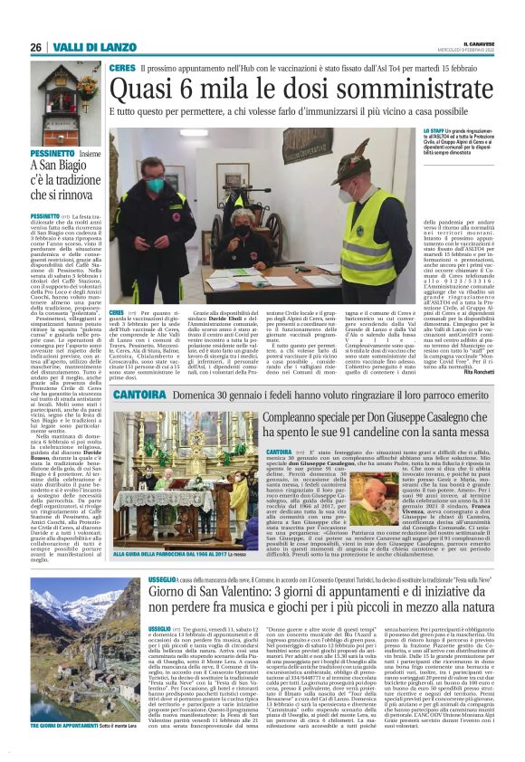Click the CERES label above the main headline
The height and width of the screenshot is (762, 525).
click(121, 68)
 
